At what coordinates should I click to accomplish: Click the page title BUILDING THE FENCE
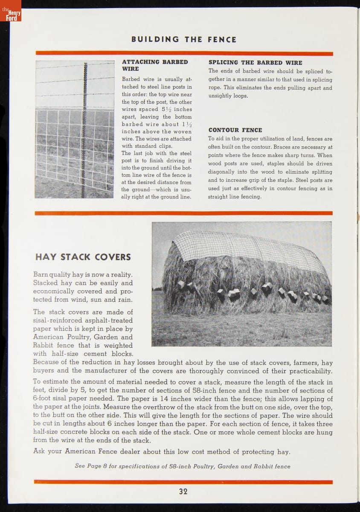click(184, 39)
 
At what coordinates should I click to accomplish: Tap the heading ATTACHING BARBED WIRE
click(155, 65)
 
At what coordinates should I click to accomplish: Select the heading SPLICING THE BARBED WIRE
click(255, 62)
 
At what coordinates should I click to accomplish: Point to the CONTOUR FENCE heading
click(235, 130)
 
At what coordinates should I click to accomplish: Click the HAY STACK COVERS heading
click(83, 257)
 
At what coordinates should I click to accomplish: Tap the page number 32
click(183, 491)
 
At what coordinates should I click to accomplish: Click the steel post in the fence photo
click(86, 128)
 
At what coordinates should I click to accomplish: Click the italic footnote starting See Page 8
click(183, 466)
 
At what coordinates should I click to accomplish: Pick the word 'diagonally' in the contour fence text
click(221, 172)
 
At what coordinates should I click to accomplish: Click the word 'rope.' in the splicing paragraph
click(216, 88)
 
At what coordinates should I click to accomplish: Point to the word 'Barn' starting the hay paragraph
click(41, 275)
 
